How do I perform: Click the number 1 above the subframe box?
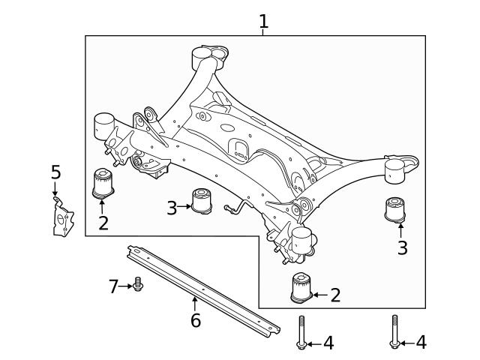pos(263,22)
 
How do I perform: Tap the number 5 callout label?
pos(55,172)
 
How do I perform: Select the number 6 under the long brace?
pos(195,321)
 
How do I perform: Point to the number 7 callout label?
pos(113,286)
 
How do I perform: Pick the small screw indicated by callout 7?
pos(138,284)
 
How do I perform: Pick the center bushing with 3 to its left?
pos(201,201)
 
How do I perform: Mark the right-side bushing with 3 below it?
pos(395,210)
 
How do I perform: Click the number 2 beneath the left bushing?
pos(103,223)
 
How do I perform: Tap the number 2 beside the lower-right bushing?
pos(334,295)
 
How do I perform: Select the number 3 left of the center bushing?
pos(171,208)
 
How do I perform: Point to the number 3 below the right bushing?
pos(402,248)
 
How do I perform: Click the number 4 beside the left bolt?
pos(328,343)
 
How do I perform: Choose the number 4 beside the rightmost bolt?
pos(421,343)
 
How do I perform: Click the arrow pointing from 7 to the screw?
pos(125,286)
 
